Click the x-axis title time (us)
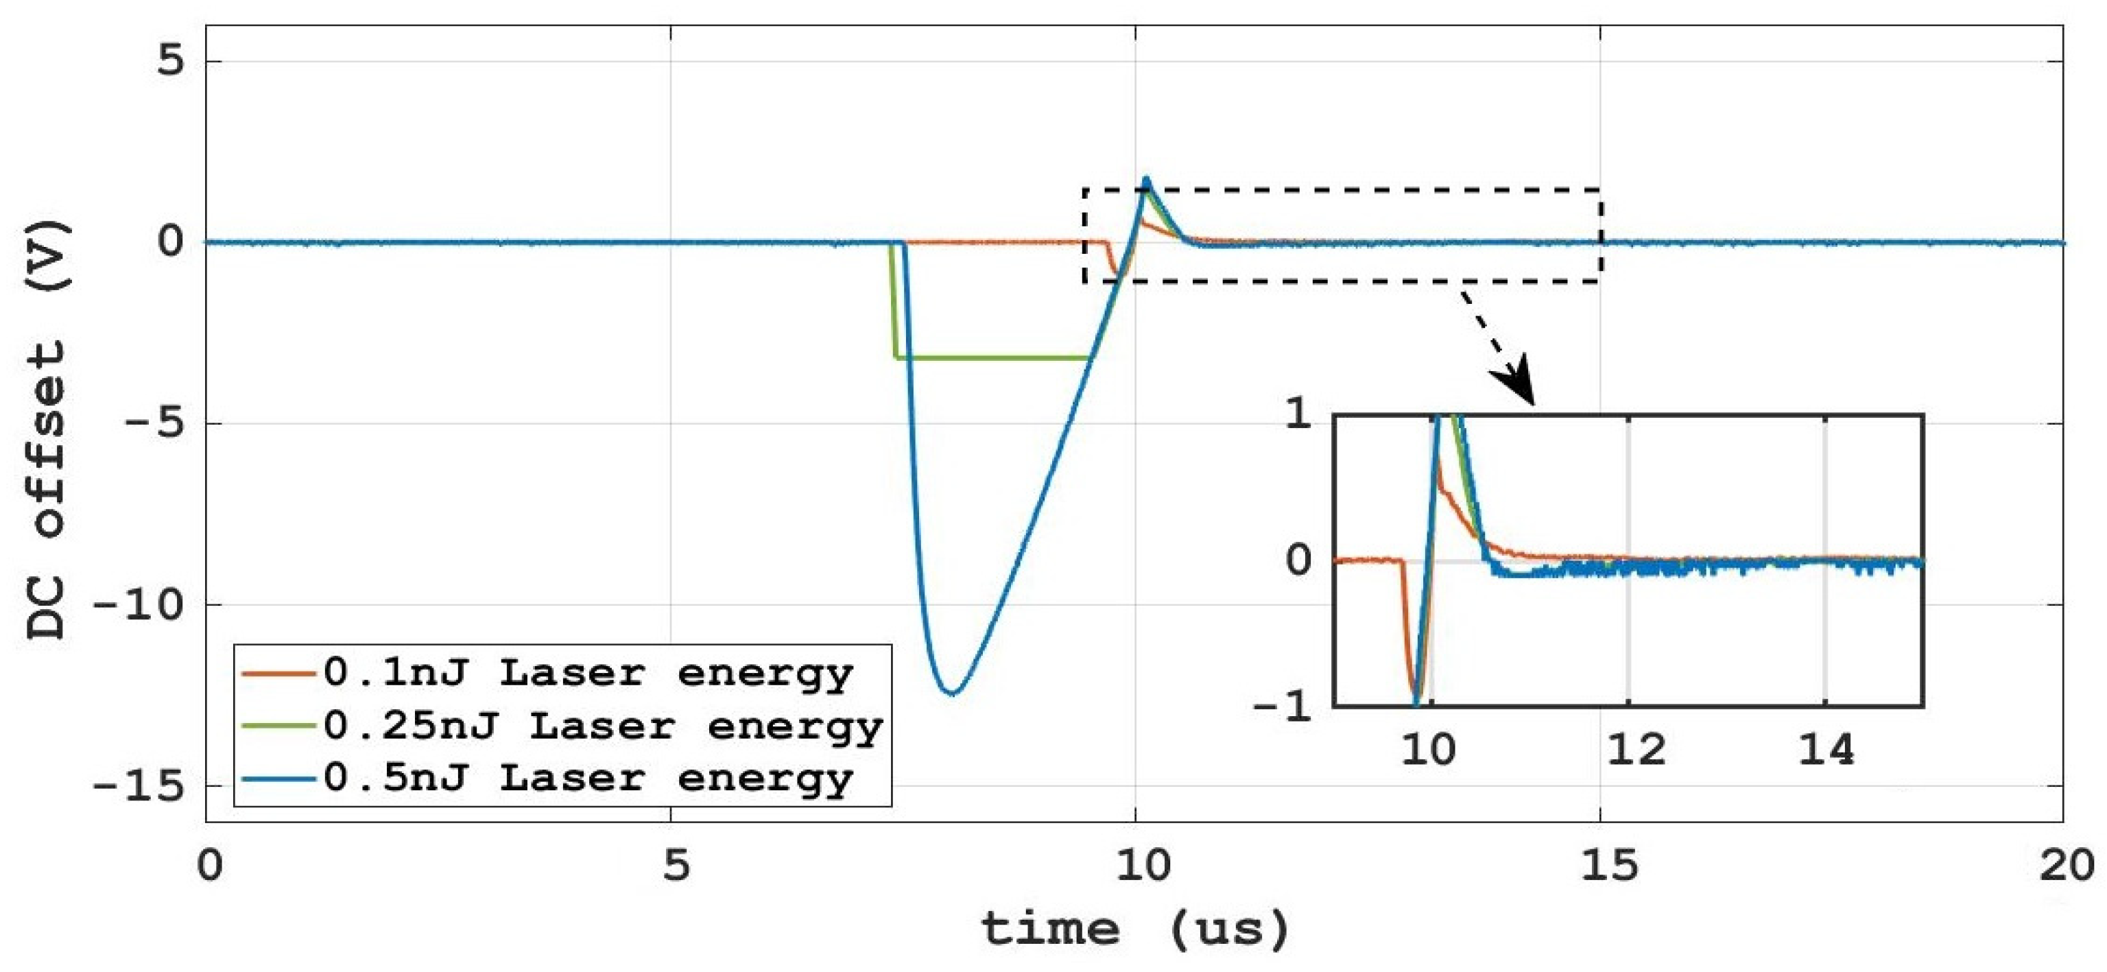[x=1134, y=929]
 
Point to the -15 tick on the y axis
[x=148, y=786]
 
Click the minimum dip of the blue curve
[x=951, y=693]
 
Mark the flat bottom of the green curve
[x=994, y=357]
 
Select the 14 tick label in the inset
[x=1826, y=750]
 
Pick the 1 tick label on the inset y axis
[x=1299, y=416]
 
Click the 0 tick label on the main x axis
[x=209, y=866]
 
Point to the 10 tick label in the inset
[x=1429, y=750]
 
